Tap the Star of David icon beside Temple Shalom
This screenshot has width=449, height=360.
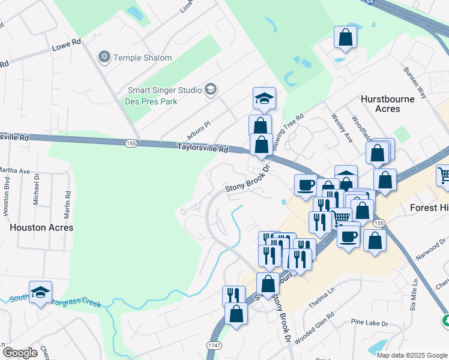[x=105, y=58]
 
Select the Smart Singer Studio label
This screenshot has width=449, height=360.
[x=164, y=90]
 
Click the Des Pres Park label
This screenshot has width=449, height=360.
[x=152, y=101]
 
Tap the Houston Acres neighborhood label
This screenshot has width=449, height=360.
[x=42, y=228]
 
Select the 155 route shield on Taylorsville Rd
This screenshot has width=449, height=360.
[x=131, y=143]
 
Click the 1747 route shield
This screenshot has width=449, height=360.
[x=214, y=346]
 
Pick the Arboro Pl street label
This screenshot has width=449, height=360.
[x=199, y=128]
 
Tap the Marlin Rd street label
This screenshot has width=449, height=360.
[x=67, y=203]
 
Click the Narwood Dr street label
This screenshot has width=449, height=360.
[x=427, y=248]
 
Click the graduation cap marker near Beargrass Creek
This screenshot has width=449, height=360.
[x=40, y=292]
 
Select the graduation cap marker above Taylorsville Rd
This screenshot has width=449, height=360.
[x=264, y=98]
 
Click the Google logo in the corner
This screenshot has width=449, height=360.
[x=20, y=353]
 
